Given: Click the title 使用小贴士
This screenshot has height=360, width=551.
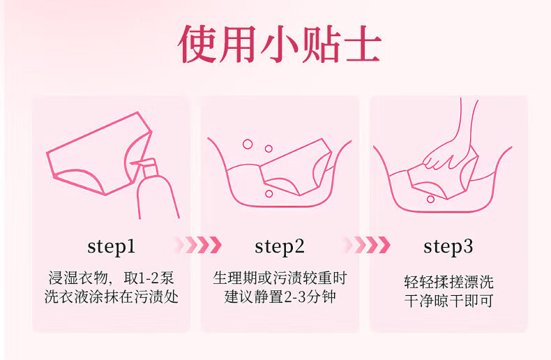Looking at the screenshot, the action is [x=280, y=44].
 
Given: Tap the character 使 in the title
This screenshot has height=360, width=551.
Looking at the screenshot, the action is [x=198, y=44].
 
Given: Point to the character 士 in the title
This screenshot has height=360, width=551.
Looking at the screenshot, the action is [x=363, y=45].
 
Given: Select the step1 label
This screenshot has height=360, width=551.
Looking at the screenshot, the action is [x=112, y=246].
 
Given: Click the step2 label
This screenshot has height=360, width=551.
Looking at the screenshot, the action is [x=280, y=246].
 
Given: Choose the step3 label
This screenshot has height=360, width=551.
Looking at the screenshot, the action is [x=448, y=246].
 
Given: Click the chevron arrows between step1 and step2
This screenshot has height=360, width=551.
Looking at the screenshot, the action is [x=199, y=245].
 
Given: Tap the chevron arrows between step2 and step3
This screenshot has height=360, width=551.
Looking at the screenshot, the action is [x=367, y=245].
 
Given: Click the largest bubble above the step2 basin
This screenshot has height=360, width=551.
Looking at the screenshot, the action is [x=248, y=144].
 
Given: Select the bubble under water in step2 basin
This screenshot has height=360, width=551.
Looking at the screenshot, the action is [x=269, y=194].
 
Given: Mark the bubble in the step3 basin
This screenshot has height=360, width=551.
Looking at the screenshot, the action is [x=430, y=200].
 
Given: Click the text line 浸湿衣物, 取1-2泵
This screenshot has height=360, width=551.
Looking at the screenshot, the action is [x=112, y=278].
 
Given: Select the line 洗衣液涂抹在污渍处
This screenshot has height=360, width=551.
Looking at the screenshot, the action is [x=112, y=297].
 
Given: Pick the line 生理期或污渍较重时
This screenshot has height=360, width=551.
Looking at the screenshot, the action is [x=280, y=278].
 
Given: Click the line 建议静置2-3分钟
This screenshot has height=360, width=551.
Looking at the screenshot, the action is [x=280, y=297].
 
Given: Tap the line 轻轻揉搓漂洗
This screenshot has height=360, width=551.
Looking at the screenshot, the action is [x=448, y=282].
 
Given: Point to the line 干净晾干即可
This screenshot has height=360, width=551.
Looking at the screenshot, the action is [x=448, y=301].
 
